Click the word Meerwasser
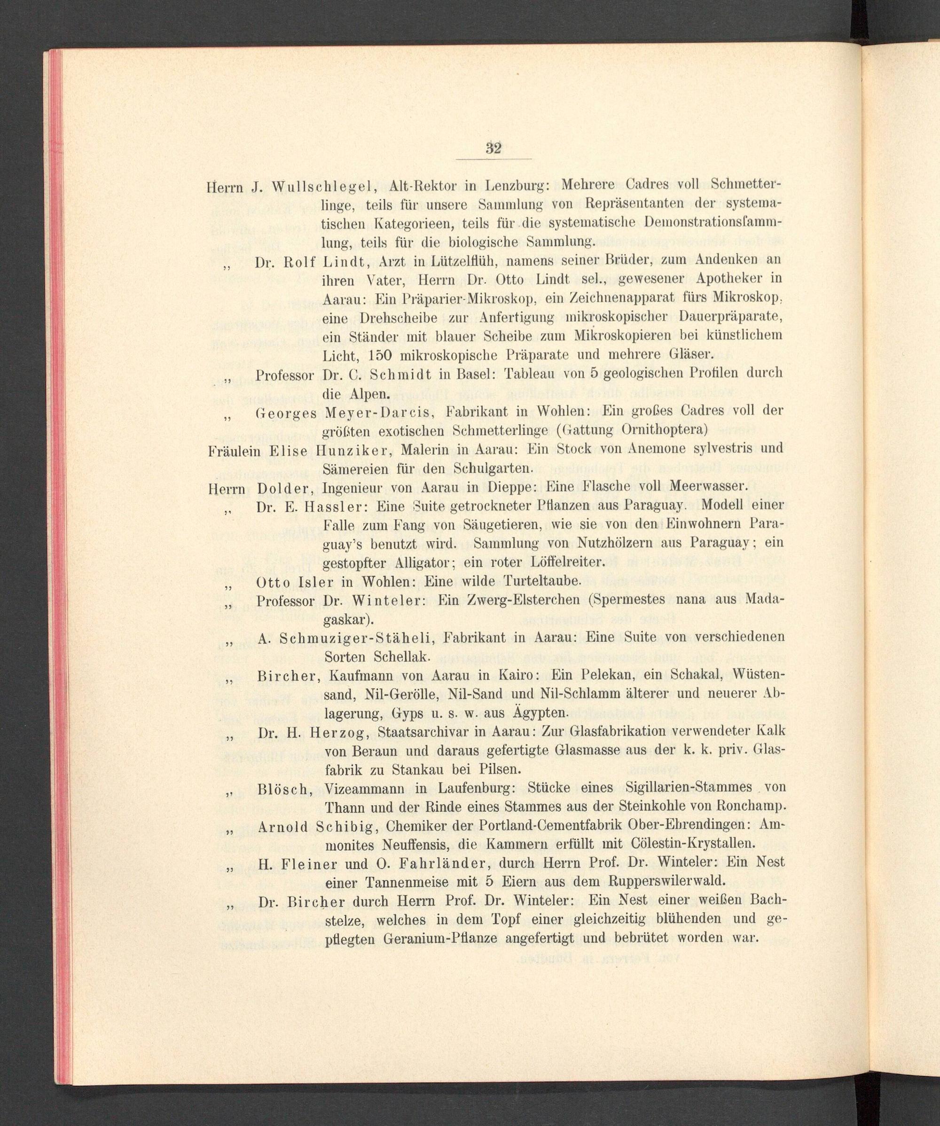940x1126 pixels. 707,486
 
